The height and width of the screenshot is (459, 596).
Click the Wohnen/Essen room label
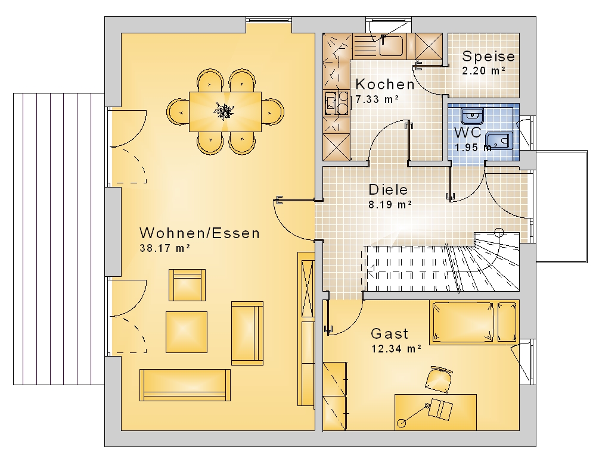pos(200,233)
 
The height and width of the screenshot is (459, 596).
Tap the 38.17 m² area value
pos(165,248)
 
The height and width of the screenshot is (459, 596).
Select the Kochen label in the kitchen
pos(384,85)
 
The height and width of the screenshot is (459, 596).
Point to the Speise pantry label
pos(489,56)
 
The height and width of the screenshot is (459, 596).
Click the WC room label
pos(467,133)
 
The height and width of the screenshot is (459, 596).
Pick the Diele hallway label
pos(388,189)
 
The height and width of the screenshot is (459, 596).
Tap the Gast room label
pos(390,334)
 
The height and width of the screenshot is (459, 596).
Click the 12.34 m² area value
pos(396,349)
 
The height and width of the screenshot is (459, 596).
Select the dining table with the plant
pos(225,111)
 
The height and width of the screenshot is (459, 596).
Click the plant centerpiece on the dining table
pos(224,111)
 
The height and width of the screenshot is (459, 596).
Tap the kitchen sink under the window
pos(392,45)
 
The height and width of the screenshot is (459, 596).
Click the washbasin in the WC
pos(472,116)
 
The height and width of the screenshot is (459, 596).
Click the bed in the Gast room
pos(474,323)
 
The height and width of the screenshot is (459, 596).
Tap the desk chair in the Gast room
pos(439,379)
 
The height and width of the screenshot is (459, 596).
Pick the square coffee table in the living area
pos(187,332)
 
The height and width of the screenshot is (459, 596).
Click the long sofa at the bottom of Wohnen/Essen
pos(185,385)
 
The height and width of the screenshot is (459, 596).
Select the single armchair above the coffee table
pos(187,285)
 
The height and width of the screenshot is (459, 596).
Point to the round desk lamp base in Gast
pos(401,423)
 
